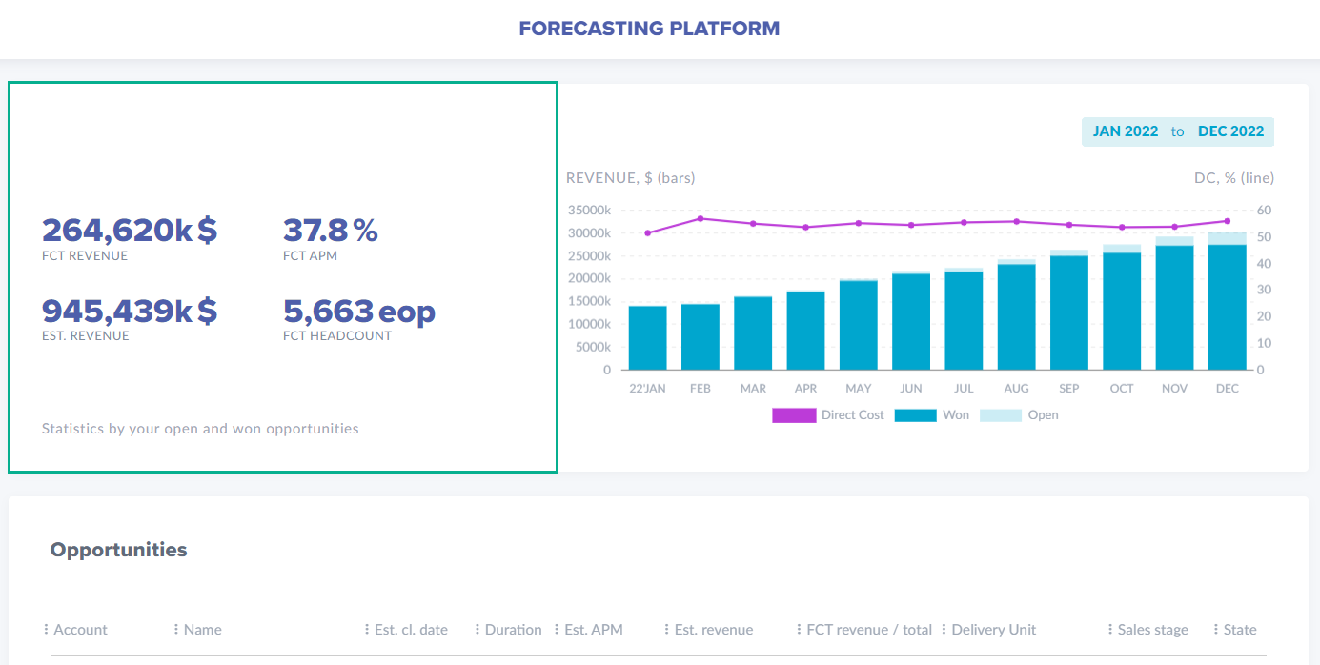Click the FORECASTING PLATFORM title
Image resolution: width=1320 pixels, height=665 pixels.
[649, 29]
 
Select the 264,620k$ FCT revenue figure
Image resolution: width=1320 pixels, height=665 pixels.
[130, 230]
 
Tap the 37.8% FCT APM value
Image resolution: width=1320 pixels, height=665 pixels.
[330, 230]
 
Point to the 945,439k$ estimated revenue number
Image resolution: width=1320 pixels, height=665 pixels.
[130, 311]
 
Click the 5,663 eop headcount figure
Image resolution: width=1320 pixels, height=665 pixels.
[358, 311]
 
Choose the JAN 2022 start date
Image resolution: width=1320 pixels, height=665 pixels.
[1125, 131]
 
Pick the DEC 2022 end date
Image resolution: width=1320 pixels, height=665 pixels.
[1230, 131]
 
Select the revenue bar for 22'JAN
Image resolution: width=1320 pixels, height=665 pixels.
[647, 338]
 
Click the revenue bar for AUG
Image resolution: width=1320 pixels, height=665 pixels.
[1016, 317]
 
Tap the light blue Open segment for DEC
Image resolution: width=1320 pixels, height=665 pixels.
[1227, 238]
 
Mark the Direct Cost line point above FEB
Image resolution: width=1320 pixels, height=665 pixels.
[701, 218]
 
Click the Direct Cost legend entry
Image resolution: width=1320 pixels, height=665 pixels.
[828, 415]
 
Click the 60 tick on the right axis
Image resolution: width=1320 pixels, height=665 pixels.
[1263, 210]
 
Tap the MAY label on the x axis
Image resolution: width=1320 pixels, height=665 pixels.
[858, 389]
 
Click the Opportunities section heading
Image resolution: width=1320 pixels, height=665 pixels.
[118, 550]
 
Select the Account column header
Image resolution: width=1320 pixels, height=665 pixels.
[80, 630]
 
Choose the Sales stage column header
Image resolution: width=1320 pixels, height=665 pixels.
[1152, 630]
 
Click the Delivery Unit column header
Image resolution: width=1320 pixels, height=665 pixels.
[993, 630]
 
